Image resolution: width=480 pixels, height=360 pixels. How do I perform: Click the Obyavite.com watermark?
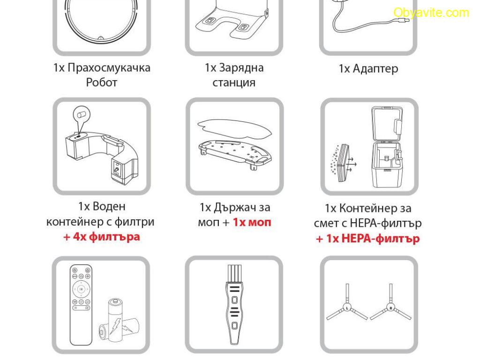tap(431, 13)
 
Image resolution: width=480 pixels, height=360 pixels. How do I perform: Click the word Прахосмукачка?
tap(109, 68)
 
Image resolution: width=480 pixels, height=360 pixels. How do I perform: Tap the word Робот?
tap(102, 82)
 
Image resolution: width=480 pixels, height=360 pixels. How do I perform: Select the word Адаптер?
tap(375, 68)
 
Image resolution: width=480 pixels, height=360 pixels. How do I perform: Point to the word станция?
tap(234, 82)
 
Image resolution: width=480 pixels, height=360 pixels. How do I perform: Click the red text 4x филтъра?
tap(106, 237)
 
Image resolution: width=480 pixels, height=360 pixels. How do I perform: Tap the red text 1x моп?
tap(252, 222)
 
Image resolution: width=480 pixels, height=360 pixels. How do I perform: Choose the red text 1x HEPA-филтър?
tap(373, 239)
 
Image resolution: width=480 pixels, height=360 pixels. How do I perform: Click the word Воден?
tap(109, 206)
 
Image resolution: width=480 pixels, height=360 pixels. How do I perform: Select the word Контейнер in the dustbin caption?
tap(369, 209)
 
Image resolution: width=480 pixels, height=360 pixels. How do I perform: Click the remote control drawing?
tap(81, 305)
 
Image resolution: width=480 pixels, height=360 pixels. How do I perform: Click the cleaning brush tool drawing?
tap(234, 305)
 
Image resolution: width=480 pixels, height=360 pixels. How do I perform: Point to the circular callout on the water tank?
tap(82, 115)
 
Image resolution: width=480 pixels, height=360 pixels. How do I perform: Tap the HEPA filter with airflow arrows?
tap(343, 163)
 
